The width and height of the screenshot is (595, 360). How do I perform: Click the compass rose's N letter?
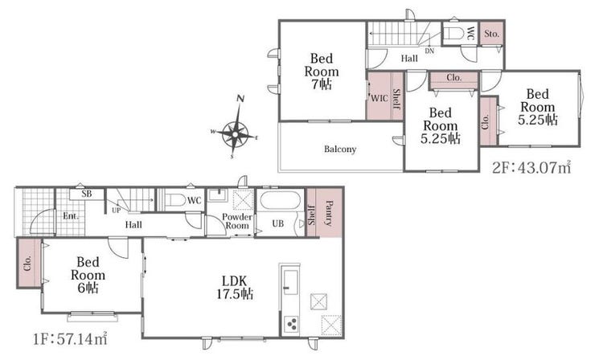tap(240, 99)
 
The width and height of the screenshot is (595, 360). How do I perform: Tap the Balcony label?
tap(340, 149)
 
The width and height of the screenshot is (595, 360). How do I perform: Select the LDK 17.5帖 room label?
tap(235, 288)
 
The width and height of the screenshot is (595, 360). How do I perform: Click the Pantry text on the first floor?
tap(329, 213)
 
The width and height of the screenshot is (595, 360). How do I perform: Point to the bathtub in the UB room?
tap(281, 201)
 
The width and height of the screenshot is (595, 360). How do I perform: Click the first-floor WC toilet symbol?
tap(174, 200)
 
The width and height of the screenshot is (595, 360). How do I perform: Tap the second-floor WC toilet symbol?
tap(453, 34)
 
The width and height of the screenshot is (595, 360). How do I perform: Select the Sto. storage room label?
tap(491, 34)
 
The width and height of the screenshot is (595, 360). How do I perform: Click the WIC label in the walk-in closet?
tap(379, 98)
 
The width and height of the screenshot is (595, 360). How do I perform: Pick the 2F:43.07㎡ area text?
tap(531, 167)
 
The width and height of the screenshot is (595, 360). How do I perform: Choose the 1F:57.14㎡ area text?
tap(70, 339)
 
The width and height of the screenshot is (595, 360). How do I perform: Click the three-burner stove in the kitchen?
tap(292, 325)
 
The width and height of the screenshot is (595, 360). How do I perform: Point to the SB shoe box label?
tap(87, 194)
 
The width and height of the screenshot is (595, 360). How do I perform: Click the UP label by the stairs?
tap(116, 211)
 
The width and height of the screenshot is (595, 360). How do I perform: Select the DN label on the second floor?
tap(429, 51)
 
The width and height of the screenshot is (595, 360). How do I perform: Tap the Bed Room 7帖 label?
tap(322, 72)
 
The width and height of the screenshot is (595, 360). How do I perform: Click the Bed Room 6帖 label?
tap(88, 275)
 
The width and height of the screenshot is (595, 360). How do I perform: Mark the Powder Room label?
tap(237, 221)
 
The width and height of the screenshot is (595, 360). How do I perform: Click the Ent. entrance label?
tap(71, 216)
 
